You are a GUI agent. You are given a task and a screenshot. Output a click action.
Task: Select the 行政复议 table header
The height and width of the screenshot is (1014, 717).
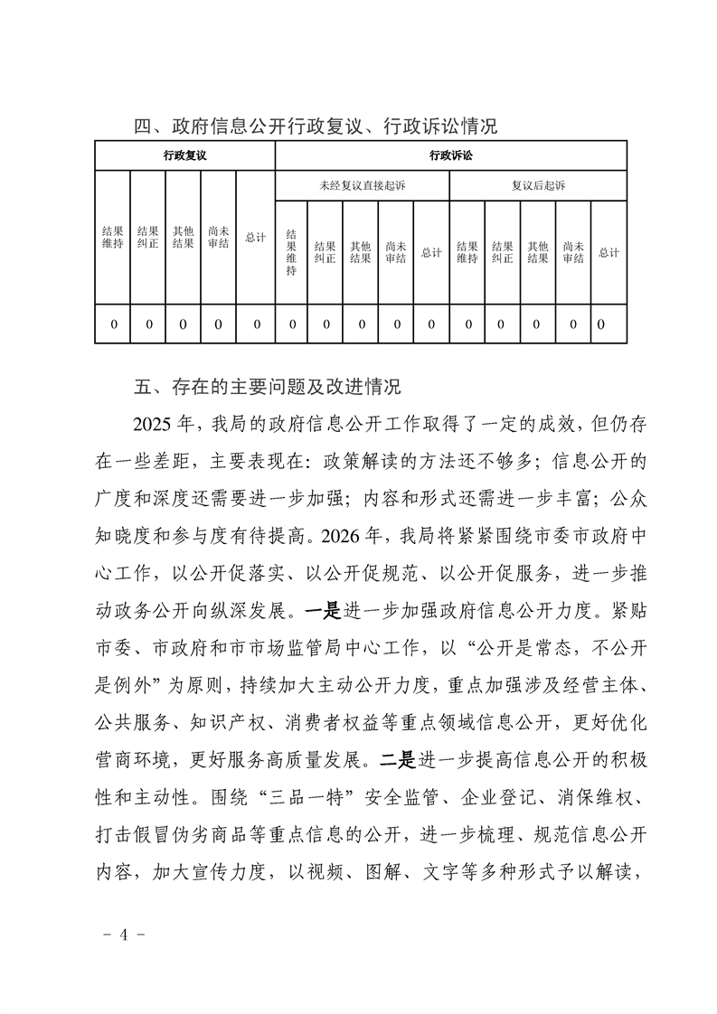coord(184,155)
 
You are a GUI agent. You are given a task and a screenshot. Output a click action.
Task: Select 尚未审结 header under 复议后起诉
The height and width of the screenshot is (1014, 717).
coord(572,251)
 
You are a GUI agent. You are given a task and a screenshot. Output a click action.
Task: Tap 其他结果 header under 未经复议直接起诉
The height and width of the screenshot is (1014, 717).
coord(360,251)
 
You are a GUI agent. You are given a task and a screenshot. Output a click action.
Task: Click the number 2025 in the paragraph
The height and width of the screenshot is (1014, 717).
coord(154,424)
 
